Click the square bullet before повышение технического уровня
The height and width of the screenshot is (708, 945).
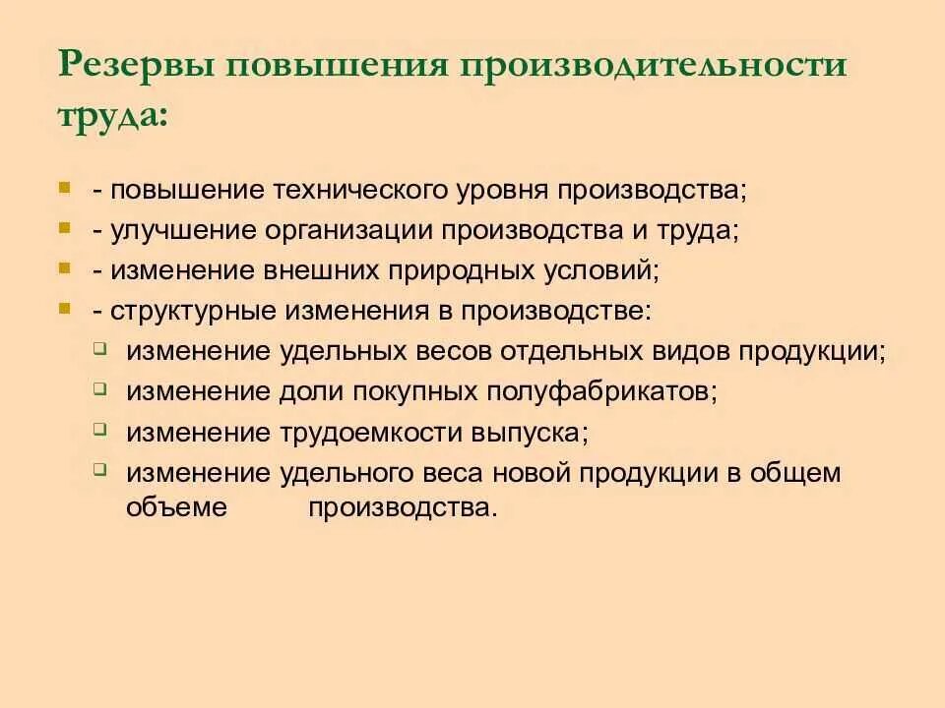65,186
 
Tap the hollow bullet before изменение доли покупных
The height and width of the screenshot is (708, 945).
101,387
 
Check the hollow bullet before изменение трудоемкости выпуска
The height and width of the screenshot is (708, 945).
101,429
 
